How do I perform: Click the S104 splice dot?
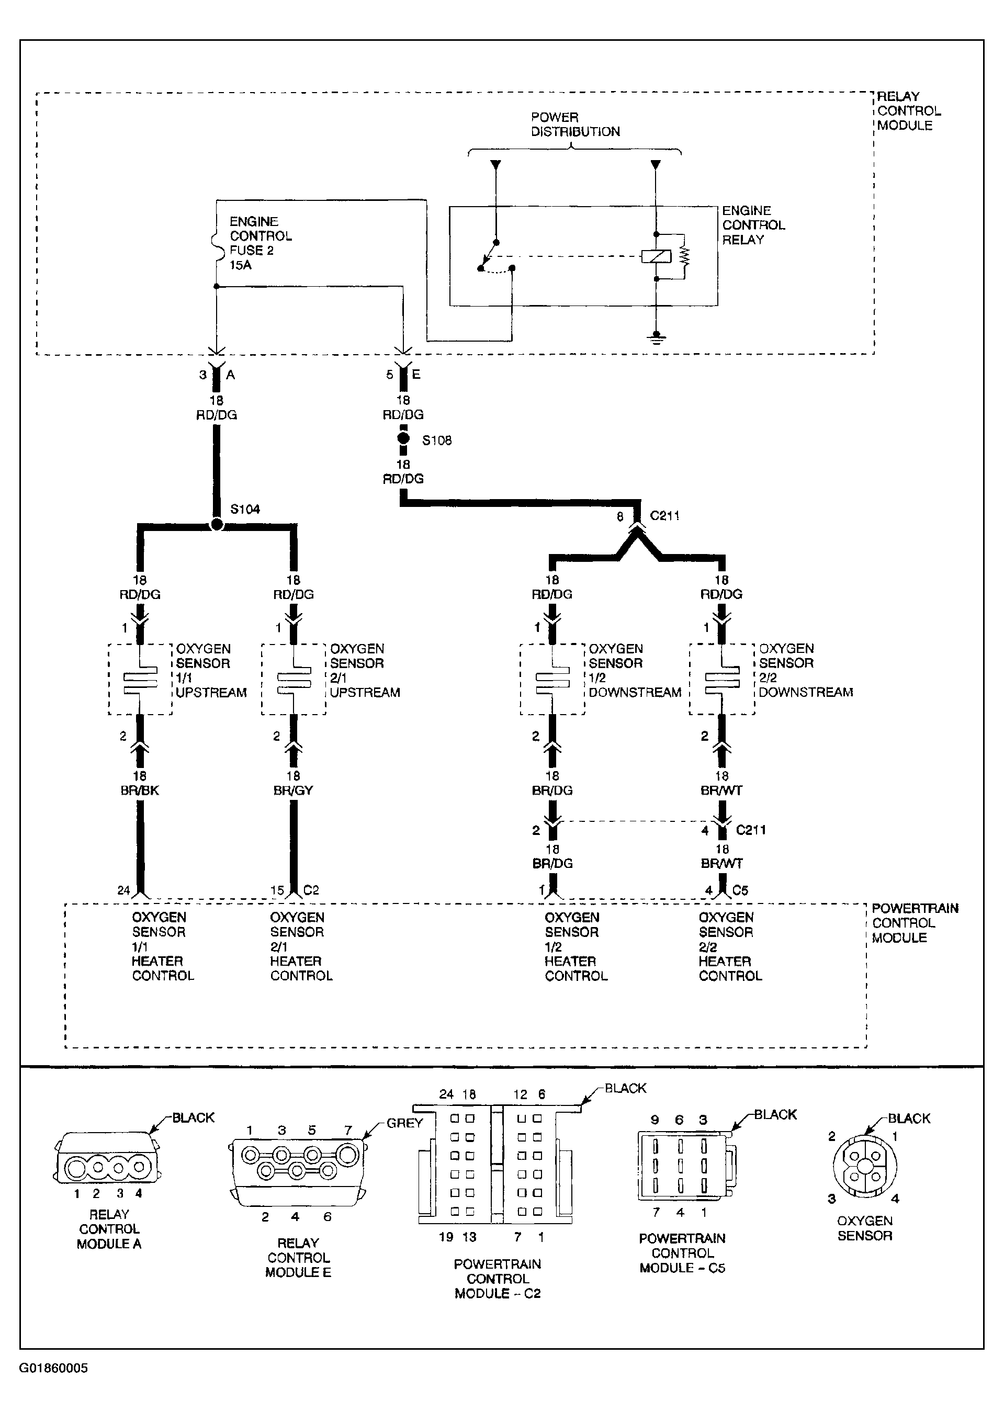pos(217,525)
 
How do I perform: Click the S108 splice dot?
pos(403,438)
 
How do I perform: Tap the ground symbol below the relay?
pos(657,337)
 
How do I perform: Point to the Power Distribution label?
pos(575,125)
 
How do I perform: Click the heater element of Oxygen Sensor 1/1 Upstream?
pos(140,680)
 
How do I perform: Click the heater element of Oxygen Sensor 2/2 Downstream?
pos(722,680)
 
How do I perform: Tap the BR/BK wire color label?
pos(140,790)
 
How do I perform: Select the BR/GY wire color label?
pos(293,790)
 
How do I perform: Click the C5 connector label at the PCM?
pos(740,890)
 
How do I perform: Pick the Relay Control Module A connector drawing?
pos(109,1167)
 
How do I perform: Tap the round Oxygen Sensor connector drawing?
pos(864,1167)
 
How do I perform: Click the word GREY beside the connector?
pos(405,1123)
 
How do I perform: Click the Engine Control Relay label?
pos(753,225)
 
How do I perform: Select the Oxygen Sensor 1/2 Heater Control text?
pos(576,946)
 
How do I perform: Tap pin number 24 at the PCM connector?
pos(123,890)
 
